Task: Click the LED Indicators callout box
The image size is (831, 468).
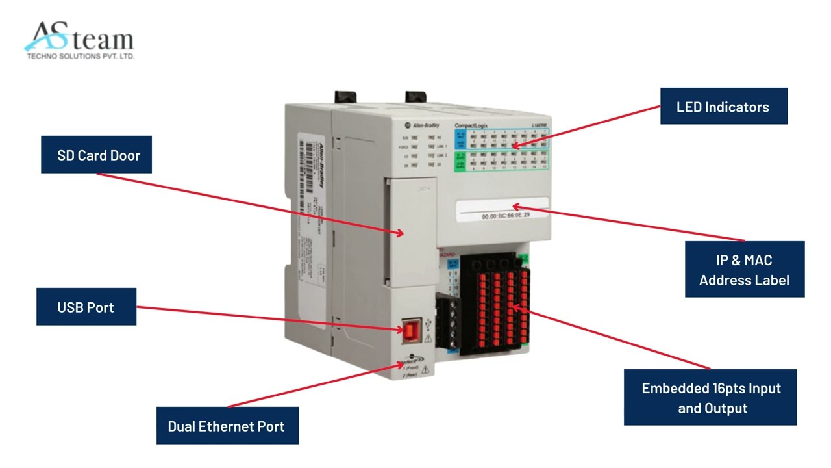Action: [723, 107]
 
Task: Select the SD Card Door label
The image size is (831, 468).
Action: [96, 155]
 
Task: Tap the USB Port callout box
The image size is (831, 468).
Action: [86, 307]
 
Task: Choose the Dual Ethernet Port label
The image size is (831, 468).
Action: [227, 426]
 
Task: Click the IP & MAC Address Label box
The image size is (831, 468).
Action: [744, 270]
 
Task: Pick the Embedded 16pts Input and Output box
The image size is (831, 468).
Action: [710, 398]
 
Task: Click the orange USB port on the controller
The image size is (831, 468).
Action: [411, 331]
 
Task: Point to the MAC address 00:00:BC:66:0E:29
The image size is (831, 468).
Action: [505, 214]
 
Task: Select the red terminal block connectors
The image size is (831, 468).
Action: [502, 305]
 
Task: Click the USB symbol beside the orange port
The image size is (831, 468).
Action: [427, 323]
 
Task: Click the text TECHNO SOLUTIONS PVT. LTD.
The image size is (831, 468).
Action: [80, 57]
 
